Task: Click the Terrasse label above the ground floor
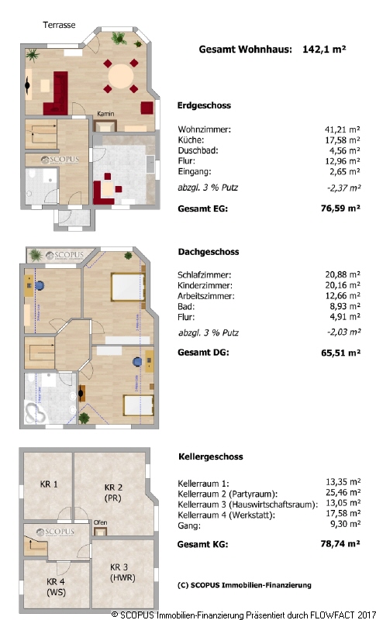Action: tap(59, 25)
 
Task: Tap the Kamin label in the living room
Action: tap(105, 114)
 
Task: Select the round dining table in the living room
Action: tap(121, 75)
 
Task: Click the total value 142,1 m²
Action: tap(324, 50)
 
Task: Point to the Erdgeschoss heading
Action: tap(204, 105)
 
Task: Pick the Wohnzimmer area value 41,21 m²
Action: tap(343, 129)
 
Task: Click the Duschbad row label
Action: tap(198, 150)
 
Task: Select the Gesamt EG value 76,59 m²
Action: tap(340, 208)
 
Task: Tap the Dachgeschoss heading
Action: tap(209, 252)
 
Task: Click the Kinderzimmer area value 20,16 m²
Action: tap(343, 285)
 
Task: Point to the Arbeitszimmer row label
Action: tap(206, 296)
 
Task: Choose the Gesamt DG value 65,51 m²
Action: tap(340, 353)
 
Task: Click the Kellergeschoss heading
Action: tap(211, 456)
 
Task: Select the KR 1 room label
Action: tap(49, 484)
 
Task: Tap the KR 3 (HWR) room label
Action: tap(122, 572)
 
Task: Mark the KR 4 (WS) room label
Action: tap(56, 587)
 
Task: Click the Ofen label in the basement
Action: tap(101, 522)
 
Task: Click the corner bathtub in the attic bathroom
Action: tap(36, 413)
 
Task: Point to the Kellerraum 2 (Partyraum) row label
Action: tap(228, 494)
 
